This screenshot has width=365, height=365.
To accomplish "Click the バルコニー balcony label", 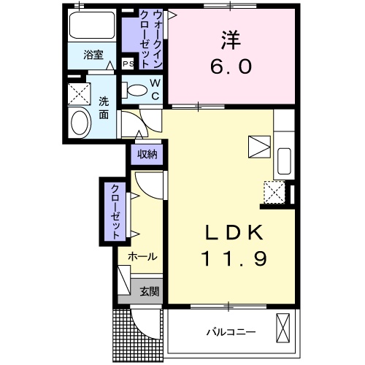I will (229, 332).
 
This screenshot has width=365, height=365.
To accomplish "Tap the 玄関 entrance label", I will (150, 291).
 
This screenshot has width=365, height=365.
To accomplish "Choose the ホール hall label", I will (142, 257).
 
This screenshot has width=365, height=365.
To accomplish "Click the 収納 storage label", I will (147, 154).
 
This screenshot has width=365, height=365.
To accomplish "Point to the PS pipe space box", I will (128, 64).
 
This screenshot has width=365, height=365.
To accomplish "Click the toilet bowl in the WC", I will (136, 91).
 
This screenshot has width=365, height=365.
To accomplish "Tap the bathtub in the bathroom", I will (93, 28).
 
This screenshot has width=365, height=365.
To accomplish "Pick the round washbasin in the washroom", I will (79, 122).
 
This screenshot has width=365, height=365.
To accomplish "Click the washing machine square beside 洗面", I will (77, 93).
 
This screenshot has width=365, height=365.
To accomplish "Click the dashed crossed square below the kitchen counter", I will (274, 193).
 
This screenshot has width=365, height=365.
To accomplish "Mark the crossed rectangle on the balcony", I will (283, 328).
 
